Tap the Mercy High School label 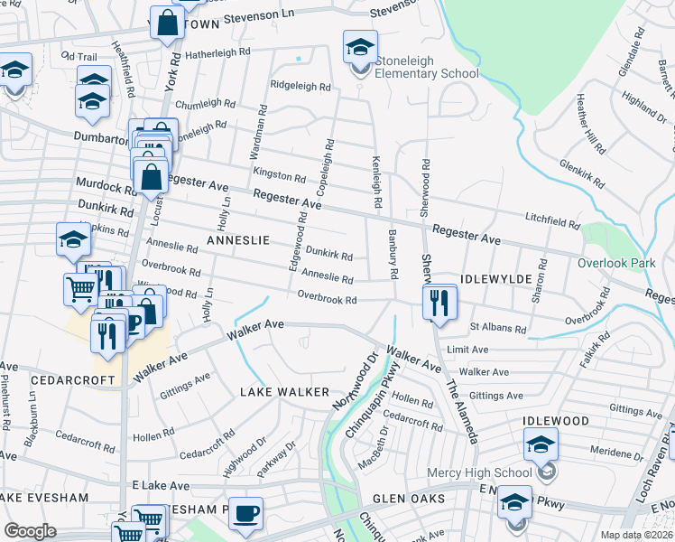coord(487,472)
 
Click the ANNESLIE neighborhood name coord(238,240)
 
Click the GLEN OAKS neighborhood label coord(410,499)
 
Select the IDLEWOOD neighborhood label coord(555,421)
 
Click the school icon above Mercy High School coord(541,444)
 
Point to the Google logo coord(31,530)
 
